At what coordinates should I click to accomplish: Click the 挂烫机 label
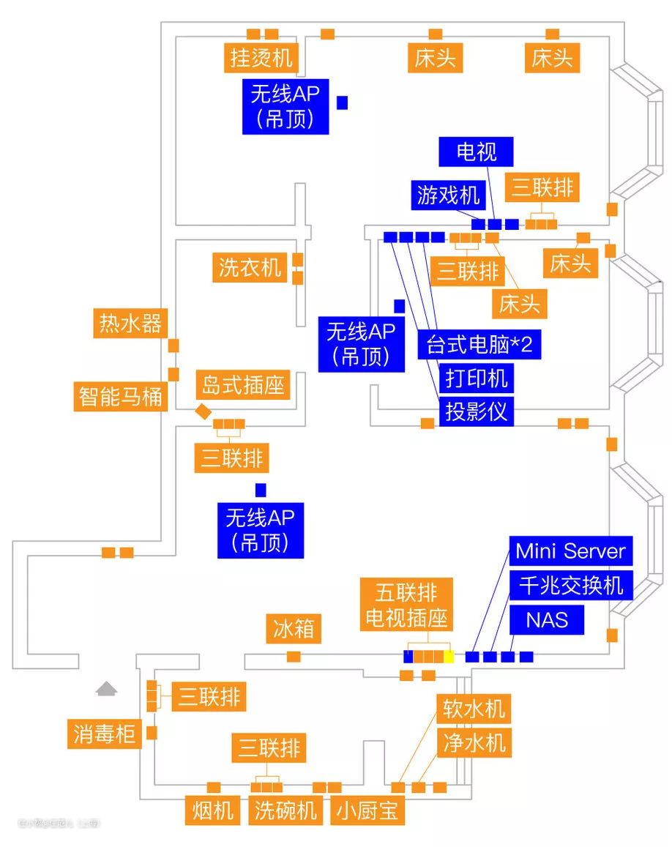point(261,57)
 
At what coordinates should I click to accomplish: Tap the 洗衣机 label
point(250,267)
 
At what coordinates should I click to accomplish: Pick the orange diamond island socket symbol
point(203,411)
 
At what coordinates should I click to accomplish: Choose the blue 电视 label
point(477,152)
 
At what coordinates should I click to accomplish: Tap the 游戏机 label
point(448,195)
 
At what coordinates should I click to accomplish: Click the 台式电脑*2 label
point(479,344)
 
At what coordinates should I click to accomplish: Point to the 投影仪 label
point(477,411)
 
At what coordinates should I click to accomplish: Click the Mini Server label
point(570,551)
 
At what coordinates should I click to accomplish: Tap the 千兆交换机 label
point(571,585)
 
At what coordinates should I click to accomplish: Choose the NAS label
point(547,620)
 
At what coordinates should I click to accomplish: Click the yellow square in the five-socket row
point(449,657)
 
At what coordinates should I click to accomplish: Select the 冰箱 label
point(293,629)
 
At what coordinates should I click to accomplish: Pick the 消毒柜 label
point(105,733)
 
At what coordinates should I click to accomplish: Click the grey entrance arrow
point(107,688)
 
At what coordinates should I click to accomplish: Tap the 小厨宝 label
point(369,810)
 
